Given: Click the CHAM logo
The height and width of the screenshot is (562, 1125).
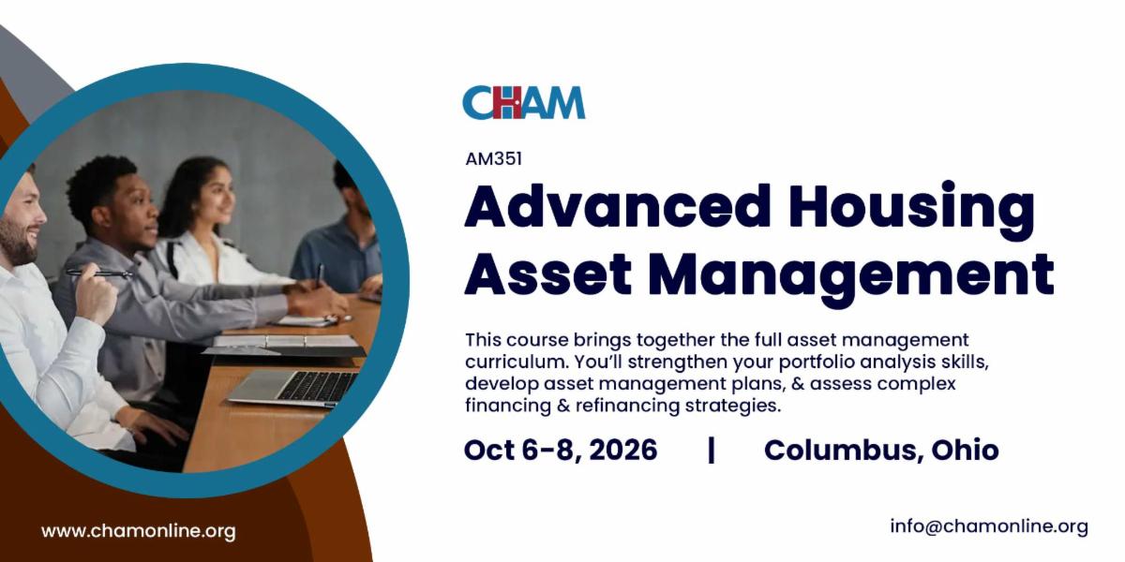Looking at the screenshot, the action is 524,102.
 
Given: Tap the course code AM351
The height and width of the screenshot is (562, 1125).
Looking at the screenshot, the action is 494,159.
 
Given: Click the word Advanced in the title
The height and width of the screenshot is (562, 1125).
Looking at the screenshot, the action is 618,207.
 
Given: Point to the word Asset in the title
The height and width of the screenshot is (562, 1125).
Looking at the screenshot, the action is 547,274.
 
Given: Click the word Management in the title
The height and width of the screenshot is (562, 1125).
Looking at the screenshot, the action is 852,278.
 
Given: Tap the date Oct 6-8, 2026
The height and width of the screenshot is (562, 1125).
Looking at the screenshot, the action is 561,450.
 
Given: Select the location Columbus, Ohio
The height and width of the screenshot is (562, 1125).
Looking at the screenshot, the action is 881,450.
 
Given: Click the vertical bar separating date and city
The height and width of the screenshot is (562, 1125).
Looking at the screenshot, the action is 711,451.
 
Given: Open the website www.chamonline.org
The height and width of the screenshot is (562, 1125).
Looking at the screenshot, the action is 139,531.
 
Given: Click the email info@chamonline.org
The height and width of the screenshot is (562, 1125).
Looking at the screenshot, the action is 989,526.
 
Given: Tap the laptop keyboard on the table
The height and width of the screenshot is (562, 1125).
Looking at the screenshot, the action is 318,386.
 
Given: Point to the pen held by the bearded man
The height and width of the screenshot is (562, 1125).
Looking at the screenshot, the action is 99,273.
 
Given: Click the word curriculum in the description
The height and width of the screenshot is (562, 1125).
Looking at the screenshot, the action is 516,362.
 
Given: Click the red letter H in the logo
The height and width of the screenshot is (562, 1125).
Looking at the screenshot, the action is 507,102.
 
